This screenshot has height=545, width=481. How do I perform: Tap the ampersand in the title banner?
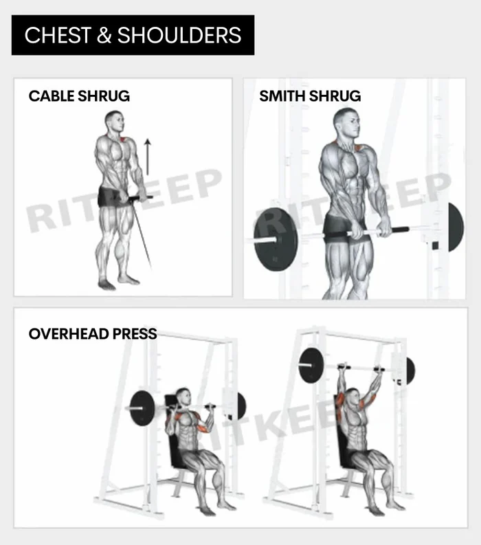click(x=104, y=36)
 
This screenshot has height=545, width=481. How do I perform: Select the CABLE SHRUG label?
click(x=79, y=96)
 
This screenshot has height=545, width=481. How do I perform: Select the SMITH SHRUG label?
click(x=309, y=96)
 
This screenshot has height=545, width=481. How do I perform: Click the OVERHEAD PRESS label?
click(x=93, y=335)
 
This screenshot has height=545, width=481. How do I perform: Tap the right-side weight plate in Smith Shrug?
click(x=455, y=227)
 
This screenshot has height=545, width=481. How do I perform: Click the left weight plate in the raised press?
click(x=311, y=365)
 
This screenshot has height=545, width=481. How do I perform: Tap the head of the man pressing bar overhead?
click(x=353, y=399)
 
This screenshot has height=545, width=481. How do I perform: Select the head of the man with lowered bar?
click(x=183, y=398)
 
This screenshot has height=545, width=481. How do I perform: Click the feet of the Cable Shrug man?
click(x=117, y=282)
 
